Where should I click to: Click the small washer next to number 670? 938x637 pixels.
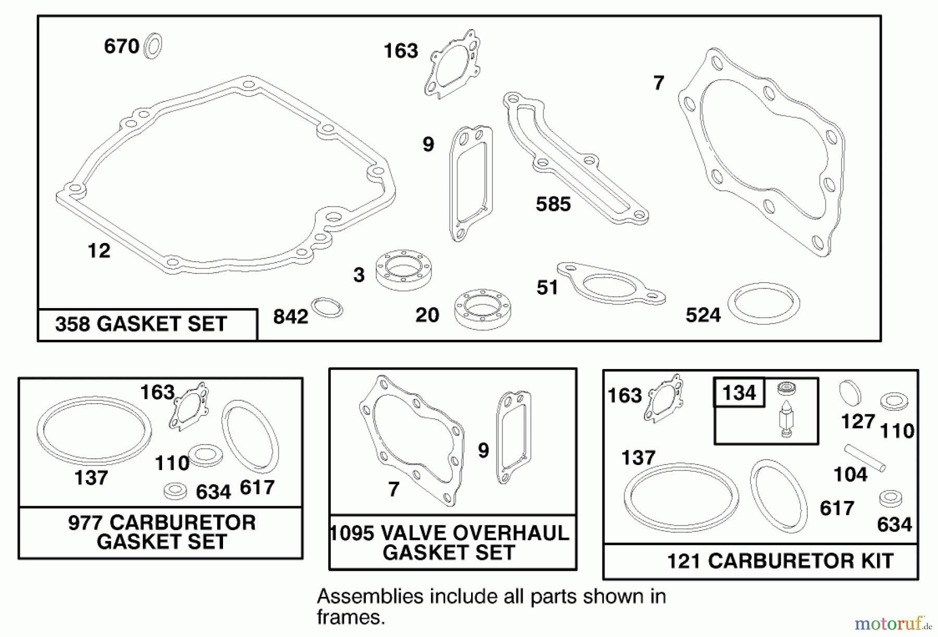153,46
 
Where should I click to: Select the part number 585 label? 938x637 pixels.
553,204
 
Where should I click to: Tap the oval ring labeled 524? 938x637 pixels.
763,303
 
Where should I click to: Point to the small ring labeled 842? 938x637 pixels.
327,308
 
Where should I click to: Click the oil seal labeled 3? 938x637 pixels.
406,269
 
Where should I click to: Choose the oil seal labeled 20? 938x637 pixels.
483,309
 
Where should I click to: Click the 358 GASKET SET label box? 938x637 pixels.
147,324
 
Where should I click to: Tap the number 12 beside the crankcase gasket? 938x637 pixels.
99,251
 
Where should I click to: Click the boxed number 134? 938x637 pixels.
739,393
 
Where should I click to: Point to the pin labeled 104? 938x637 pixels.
866,457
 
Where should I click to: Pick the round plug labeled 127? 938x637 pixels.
850,392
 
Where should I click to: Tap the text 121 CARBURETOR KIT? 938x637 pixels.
780,561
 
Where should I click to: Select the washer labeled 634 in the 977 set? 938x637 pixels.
175,491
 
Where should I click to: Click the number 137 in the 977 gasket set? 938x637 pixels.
91,477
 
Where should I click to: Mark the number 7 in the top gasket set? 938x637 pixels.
659,83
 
